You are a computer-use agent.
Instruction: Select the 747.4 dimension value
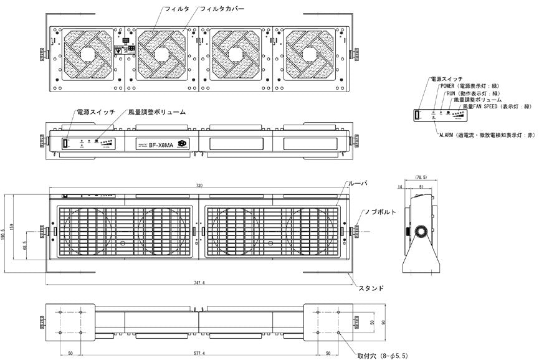199,282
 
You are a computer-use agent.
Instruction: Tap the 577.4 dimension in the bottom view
199,353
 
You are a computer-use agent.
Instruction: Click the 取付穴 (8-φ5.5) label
382,356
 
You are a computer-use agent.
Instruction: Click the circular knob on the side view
422,231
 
